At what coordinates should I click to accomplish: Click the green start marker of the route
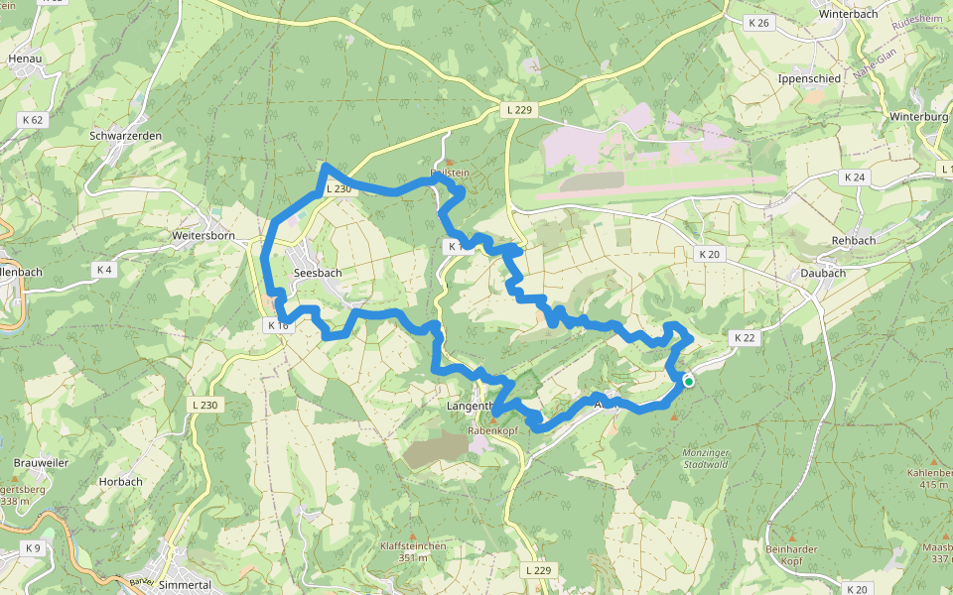688,381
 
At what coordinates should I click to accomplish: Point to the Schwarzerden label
126,136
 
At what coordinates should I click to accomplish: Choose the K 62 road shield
32,119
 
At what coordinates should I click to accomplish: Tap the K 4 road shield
104,270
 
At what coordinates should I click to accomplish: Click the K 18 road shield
277,325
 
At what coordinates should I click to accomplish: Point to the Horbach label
120,482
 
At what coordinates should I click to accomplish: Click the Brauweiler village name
41,463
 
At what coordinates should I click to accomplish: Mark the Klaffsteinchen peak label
413,546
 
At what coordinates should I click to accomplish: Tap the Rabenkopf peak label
492,431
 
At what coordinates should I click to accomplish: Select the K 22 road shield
745,338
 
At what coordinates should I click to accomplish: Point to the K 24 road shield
853,178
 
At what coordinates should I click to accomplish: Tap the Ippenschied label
810,78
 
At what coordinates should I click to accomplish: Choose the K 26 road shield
760,22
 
